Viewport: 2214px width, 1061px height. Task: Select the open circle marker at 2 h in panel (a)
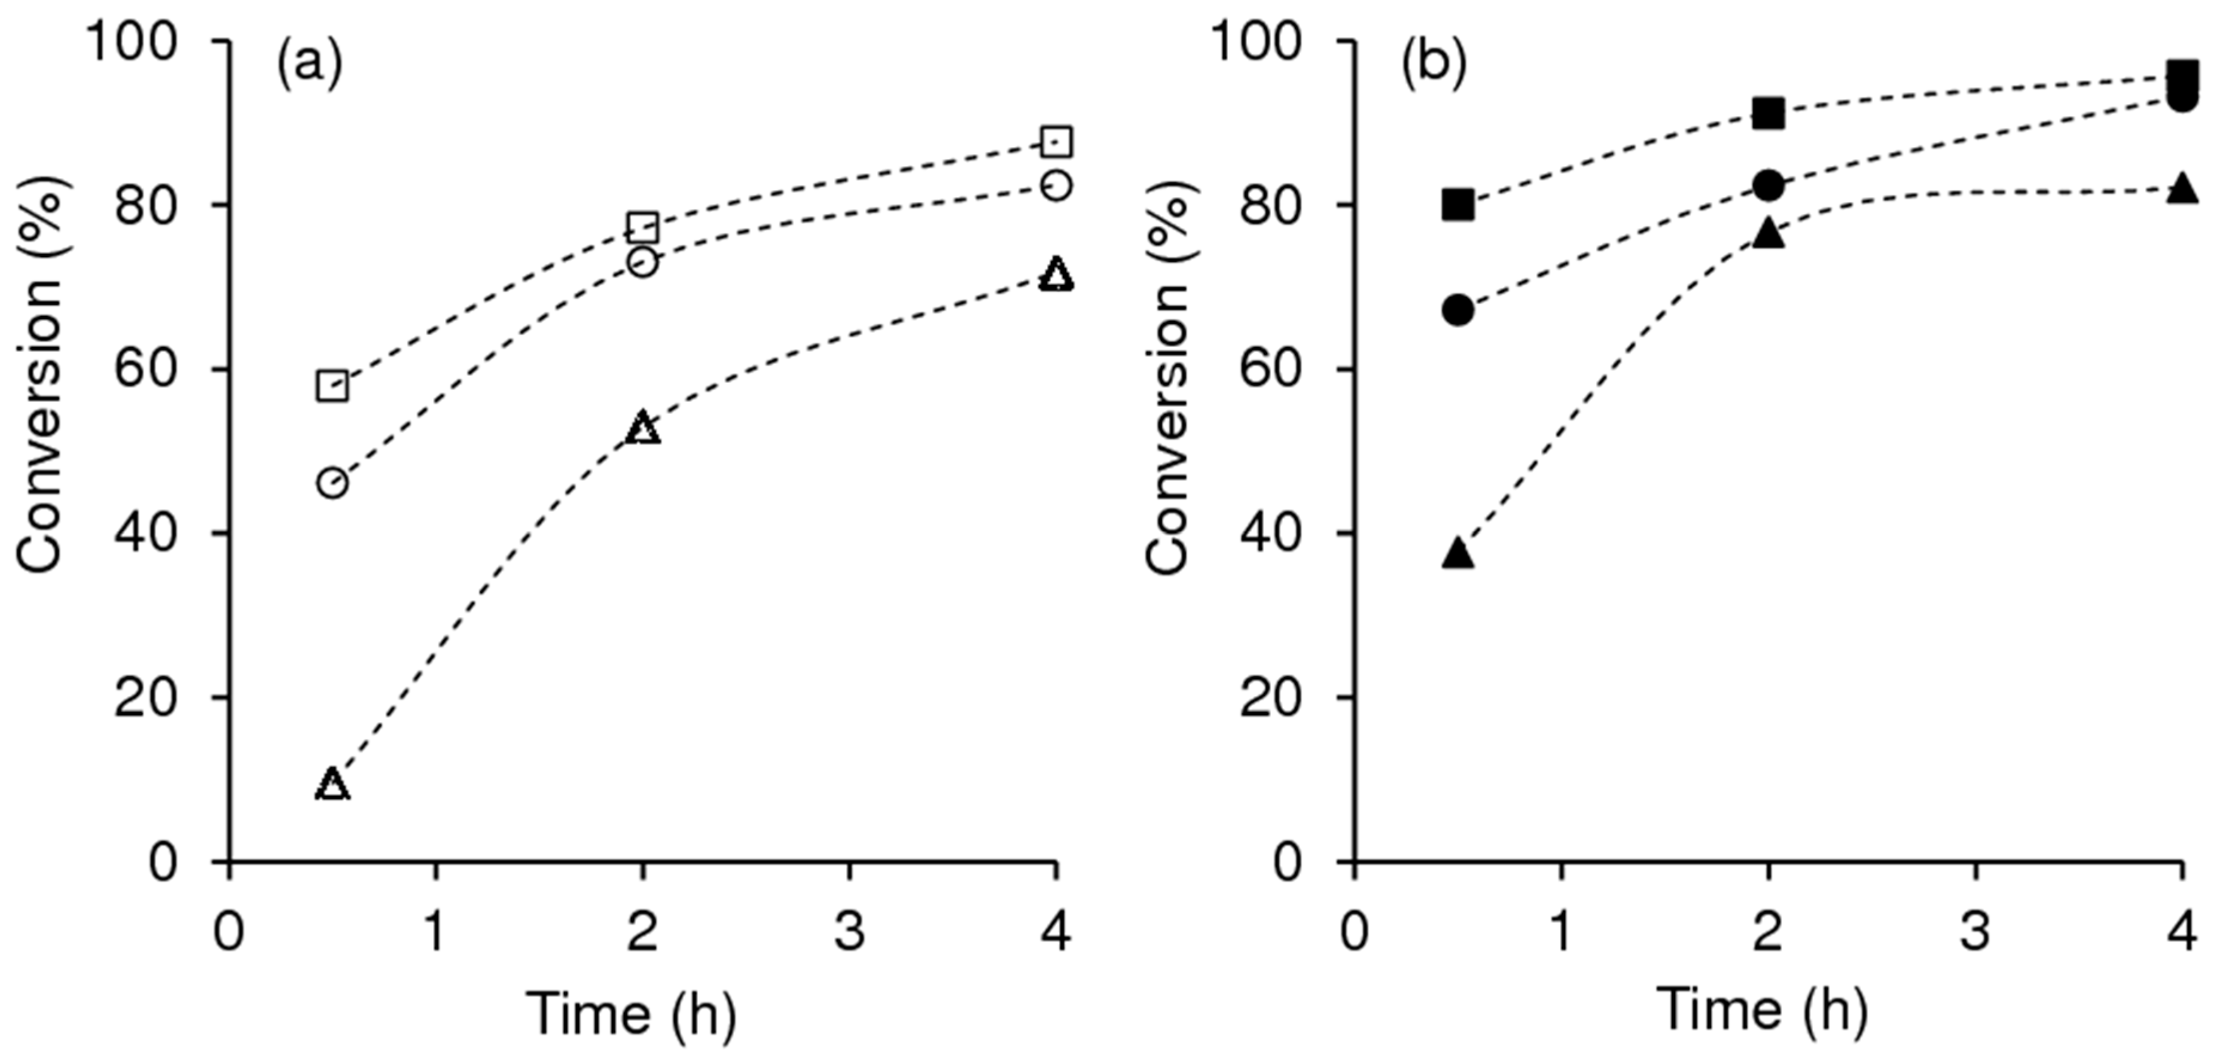tap(643, 262)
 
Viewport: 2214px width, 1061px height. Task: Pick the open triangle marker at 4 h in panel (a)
tap(1056, 275)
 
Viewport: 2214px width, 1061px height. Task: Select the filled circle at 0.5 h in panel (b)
tap(1459, 310)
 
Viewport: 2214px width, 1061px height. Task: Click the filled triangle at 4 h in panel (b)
tap(2182, 188)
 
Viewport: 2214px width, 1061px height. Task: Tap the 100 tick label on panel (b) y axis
tap(1271, 41)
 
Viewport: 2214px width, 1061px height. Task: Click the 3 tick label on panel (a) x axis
tap(849, 932)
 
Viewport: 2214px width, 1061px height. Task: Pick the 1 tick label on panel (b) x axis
tap(1562, 932)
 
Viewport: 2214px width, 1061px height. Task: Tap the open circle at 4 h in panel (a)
tap(1056, 185)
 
